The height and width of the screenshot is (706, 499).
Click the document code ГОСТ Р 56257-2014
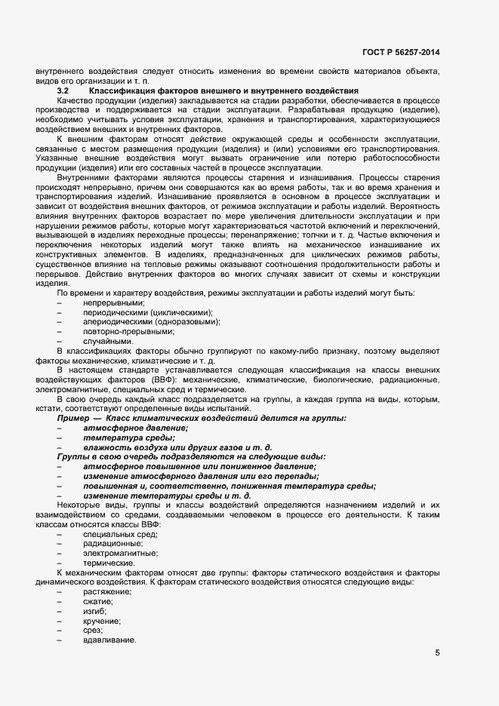pyautogui.click(x=401, y=52)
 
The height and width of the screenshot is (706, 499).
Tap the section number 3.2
pyautogui.click(x=63, y=91)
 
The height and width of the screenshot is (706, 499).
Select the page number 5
pyautogui.click(x=437, y=653)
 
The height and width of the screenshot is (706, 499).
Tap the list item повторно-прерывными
pyautogui.click(x=119, y=331)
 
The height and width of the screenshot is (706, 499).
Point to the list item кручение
pyautogui.click(x=102, y=620)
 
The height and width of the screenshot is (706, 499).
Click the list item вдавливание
pyautogui.click(x=109, y=640)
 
